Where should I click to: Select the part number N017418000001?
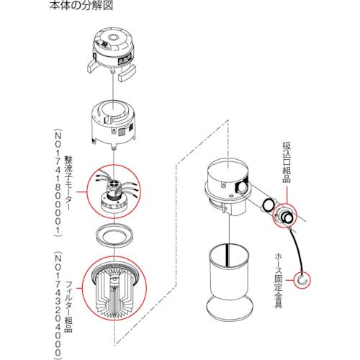coord(57,180)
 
